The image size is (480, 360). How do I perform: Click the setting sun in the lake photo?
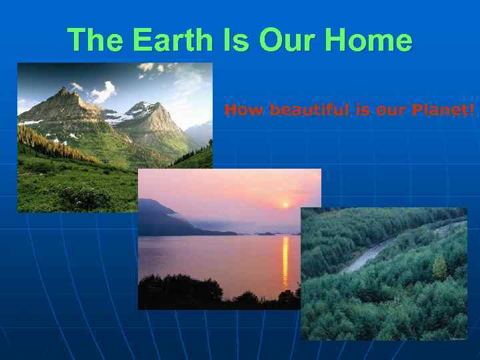(286, 205)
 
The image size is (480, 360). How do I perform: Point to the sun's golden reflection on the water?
(285, 260)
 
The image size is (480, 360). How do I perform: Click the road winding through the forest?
(373, 253)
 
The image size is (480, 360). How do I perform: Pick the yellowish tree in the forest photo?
(439, 268)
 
